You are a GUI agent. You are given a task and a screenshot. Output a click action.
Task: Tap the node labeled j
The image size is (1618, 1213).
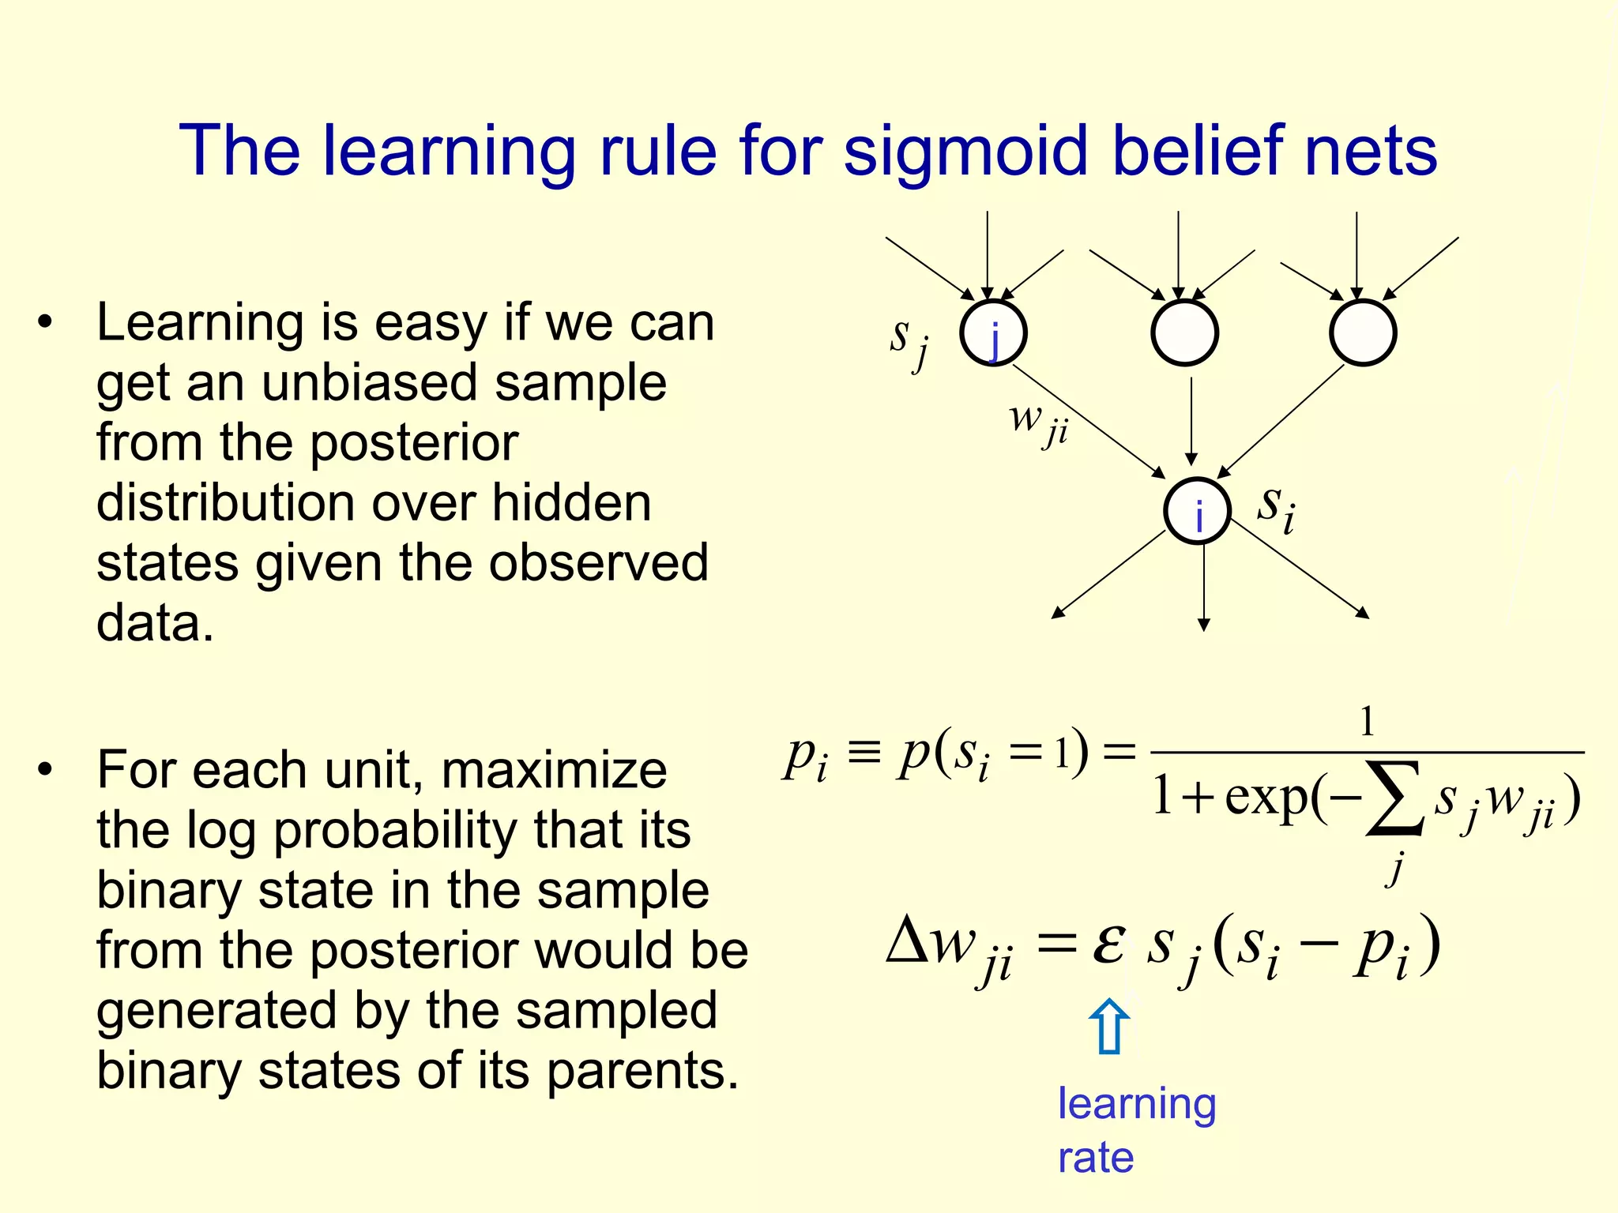coord(993,333)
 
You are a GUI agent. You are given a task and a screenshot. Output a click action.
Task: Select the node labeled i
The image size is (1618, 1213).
coord(1198,512)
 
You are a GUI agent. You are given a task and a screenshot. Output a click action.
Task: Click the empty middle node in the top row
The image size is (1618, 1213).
coord(1184,333)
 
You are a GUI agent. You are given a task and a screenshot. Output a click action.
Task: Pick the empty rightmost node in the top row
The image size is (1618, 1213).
coord(1362,333)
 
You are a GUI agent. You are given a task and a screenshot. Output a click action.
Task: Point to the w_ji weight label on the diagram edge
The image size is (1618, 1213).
coord(1037,422)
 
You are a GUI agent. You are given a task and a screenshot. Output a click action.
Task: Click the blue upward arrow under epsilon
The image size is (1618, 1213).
coord(1109,1026)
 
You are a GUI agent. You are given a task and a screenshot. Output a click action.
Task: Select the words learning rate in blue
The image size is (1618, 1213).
coord(1135,1130)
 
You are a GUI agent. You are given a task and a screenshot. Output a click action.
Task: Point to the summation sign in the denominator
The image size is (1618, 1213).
coord(1395,798)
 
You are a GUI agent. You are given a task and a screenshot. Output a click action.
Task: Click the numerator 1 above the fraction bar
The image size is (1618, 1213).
coord(1367,722)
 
